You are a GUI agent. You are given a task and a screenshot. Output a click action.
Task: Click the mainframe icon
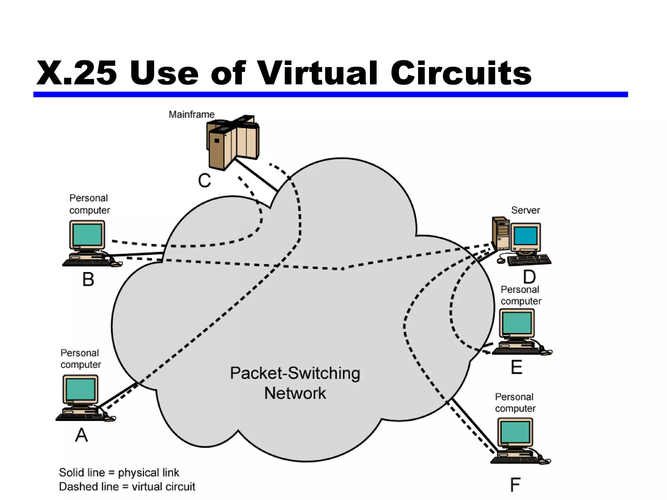[233, 142]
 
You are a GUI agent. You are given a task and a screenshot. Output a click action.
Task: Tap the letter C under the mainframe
[205, 180]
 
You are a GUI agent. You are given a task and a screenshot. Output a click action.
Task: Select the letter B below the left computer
[88, 279]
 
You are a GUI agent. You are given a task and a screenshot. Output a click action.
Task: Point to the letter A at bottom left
[81, 435]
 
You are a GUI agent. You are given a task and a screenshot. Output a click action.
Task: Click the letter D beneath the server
[529, 277]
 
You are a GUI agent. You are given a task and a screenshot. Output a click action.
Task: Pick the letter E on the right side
[517, 367]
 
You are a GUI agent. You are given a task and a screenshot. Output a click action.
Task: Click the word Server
[525, 210]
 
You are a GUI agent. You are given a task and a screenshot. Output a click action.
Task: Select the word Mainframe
[192, 115]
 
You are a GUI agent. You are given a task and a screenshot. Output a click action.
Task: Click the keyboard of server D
[529, 260]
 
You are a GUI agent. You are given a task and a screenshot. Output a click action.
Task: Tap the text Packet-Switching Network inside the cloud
[295, 383]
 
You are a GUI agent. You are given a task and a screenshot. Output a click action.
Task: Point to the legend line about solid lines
[119, 473]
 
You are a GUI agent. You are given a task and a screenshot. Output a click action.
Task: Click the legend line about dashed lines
[127, 487]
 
